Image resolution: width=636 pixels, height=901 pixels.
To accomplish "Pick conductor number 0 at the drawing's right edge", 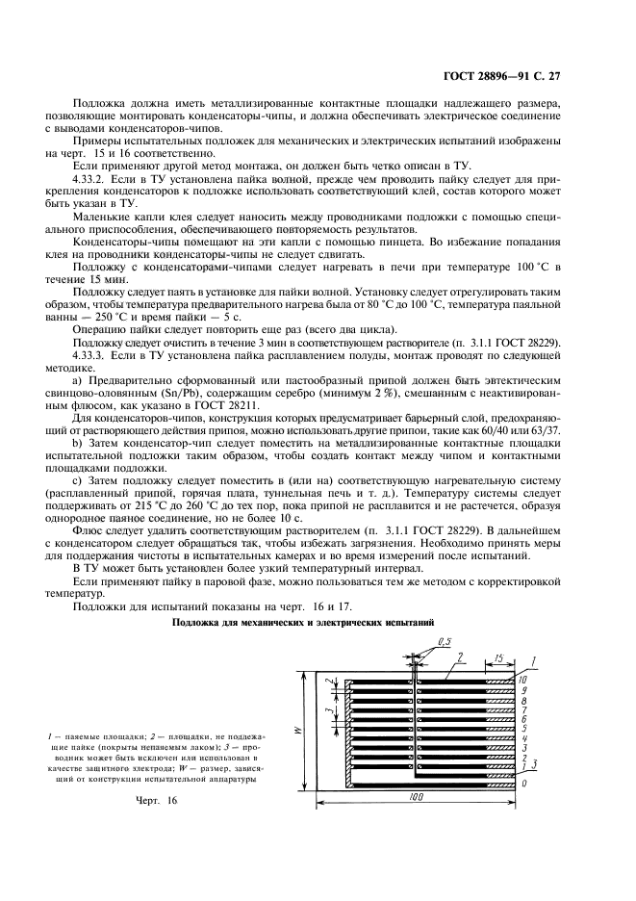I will point(522,784).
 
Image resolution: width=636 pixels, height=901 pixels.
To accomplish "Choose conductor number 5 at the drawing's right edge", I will point(522,729).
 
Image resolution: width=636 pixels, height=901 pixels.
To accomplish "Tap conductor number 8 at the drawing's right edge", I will point(522,700).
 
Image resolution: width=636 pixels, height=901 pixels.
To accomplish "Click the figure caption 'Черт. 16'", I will point(158,801).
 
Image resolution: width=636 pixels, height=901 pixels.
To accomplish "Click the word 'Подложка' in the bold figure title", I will point(196,623).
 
